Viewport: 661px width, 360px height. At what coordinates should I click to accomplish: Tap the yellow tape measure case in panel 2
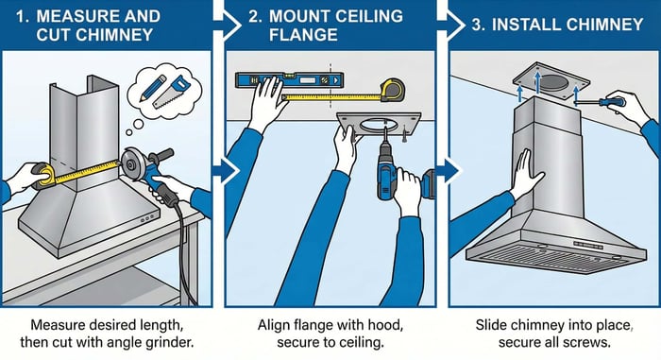(395, 91)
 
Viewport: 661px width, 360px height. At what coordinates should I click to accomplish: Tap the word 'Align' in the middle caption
(275, 323)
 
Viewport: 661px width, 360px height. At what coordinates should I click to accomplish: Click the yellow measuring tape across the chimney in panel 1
(85, 170)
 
